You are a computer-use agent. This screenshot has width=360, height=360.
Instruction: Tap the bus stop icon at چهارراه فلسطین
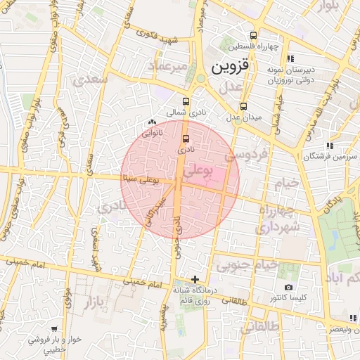click(x=253, y=36)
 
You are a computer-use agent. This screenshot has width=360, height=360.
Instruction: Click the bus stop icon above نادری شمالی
click(x=186, y=101)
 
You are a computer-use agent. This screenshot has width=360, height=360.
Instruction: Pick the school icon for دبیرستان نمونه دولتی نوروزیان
click(x=290, y=59)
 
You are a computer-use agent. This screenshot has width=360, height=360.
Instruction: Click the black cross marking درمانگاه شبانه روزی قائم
click(x=195, y=279)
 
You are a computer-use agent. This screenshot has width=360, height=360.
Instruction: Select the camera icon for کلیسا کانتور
click(x=288, y=288)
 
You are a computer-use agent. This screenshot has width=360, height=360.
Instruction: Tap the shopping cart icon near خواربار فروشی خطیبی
click(x=55, y=328)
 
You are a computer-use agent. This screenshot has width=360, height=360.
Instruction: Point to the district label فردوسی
click(x=251, y=155)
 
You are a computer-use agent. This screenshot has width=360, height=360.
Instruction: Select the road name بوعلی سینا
click(x=141, y=181)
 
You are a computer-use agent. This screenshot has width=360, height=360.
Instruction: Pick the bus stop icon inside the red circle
click(x=186, y=138)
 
